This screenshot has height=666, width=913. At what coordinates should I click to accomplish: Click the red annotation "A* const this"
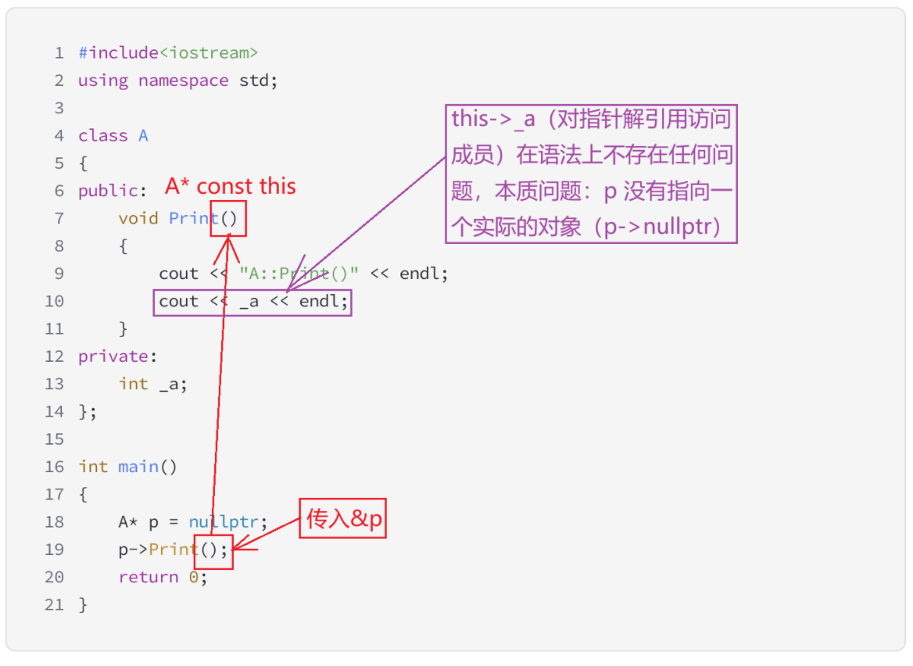(231, 186)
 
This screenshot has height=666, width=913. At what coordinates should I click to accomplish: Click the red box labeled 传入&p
(344, 517)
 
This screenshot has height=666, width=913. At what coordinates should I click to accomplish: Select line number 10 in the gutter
(54, 301)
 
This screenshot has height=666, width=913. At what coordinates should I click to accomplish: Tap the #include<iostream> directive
(168, 53)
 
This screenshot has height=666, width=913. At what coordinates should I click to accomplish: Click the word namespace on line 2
(184, 81)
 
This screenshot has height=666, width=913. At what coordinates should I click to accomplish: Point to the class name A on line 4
(143, 136)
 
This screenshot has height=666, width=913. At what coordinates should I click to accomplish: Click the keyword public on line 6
(108, 191)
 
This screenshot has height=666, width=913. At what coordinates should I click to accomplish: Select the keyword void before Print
(138, 218)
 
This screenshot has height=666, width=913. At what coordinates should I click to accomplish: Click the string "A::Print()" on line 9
(299, 274)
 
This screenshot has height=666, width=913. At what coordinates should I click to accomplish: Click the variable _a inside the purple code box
(249, 301)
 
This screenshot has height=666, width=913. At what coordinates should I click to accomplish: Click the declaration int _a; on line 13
(153, 384)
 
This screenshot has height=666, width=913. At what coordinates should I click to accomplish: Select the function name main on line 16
(138, 467)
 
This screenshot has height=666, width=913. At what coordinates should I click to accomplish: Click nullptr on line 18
(228, 522)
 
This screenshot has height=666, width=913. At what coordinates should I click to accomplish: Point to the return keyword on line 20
(149, 577)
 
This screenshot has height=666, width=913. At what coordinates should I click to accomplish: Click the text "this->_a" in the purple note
(493, 120)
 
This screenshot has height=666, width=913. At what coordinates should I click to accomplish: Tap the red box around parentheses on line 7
(228, 218)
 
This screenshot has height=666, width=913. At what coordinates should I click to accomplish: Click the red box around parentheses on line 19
(213, 550)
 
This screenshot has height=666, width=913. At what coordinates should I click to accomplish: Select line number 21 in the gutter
(54, 605)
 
